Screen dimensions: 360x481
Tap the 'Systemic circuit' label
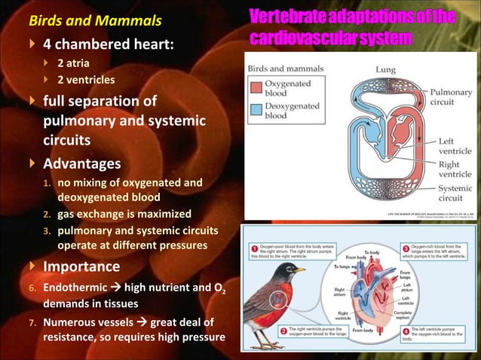coord(455,194)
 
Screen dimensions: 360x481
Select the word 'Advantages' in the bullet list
coord(81,163)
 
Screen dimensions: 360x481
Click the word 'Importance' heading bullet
coord(81,267)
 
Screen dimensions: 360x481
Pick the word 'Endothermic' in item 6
coord(77,288)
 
